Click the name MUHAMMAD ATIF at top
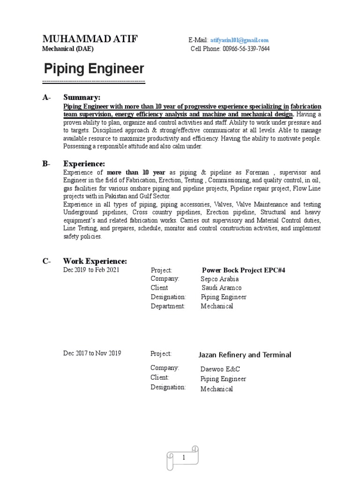click(90, 39)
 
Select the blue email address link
click(239, 40)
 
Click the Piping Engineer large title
click(94, 69)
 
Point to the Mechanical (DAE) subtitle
click(67, 49)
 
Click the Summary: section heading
click(82, 97)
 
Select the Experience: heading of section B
click(84, 164)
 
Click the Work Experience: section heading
click(95, 261)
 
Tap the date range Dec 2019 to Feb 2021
click(91, 270)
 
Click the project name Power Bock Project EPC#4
click(243, 270)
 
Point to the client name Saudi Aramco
click(222, 288)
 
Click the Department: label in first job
click(168, 306)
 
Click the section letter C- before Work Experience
click(46, 261)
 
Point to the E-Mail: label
click(198, 40)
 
